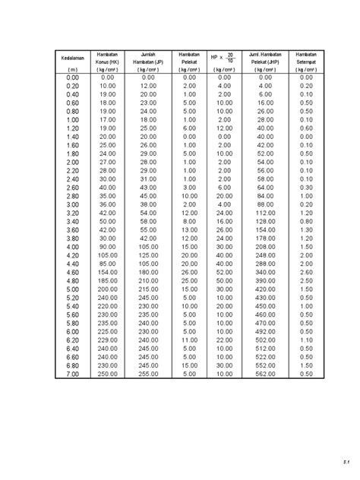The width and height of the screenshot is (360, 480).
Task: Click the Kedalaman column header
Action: click(72, 58)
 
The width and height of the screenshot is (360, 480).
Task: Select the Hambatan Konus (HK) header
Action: click(107, 58)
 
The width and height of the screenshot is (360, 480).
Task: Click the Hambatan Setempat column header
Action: click(306, 58)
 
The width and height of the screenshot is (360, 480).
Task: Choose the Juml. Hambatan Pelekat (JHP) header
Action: click(265, 58)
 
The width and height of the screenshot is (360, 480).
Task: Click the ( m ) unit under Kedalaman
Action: click(72, 69)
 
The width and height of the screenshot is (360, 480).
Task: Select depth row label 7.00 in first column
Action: click(72, 374)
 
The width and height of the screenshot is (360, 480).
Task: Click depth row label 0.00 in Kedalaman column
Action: click(72, 77)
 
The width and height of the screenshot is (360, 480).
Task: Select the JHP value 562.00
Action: click(265, 374)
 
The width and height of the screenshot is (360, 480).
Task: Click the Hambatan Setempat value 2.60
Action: click(306, 272)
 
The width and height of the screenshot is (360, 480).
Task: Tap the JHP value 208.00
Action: click(265, 247)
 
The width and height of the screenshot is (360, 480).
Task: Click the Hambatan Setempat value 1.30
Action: click(306, 229)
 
